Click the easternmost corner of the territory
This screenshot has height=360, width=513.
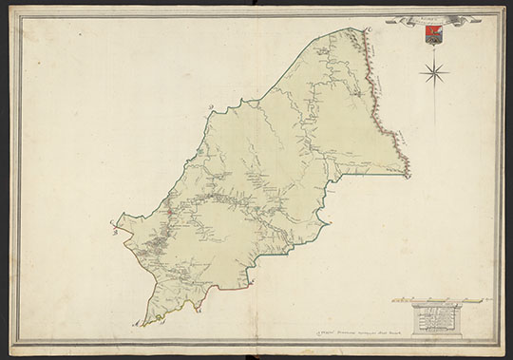[x=410, y=175]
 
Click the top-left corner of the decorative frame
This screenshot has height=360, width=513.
[x=10, y=9]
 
